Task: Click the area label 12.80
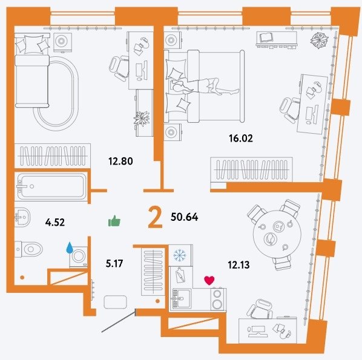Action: tap(120, 161)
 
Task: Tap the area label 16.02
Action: tap(241, 138)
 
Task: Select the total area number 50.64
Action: tap(184, 217)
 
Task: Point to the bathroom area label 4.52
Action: tap(55, 223)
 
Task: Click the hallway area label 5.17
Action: tap(114, 263)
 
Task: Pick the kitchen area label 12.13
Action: tap(239, 264)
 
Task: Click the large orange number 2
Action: tap(156, 217)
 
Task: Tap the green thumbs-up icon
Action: tap(114, 221)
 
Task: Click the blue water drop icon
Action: tap(70, 247)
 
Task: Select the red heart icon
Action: tap(209, 280)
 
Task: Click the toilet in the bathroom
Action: tap(28, 249)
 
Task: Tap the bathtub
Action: tap(51, 186)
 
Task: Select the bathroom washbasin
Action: tap(22, 217)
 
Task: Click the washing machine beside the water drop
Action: tap(79, 257)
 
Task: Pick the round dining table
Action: tap(277, 234)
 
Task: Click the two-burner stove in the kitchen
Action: tap(218, 299)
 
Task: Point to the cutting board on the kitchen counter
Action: tap(180, 275)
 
